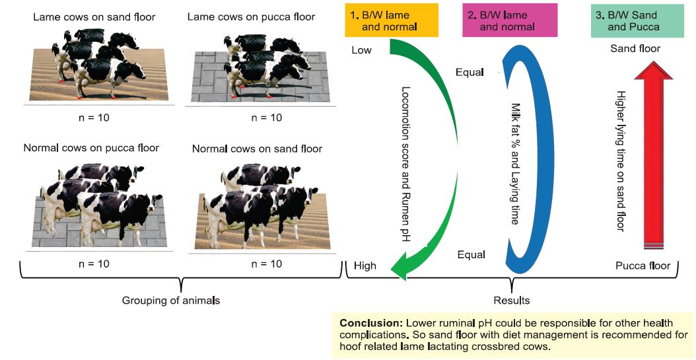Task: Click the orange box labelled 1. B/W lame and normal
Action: (392, 20)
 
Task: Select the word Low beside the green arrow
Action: (362, 50)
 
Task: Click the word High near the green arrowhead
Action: (365, 266)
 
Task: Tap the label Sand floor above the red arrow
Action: (635, 48)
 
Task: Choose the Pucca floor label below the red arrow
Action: (643, 266)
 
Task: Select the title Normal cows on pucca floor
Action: (91, 147)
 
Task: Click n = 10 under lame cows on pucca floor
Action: (266, 118)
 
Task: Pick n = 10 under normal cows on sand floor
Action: (266, 264)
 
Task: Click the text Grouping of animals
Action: (171, 301)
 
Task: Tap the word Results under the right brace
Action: (511, 301)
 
